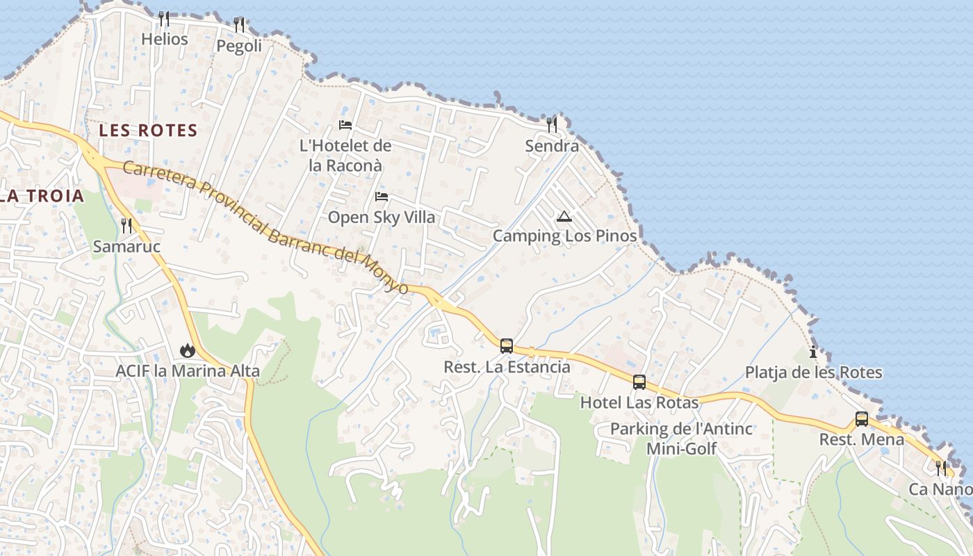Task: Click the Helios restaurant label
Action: (164, 39)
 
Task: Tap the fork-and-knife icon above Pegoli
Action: (239, 25)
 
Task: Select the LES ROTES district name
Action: (148, 130)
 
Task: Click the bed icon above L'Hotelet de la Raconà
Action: (345, 125)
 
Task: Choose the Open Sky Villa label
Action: (382, 217)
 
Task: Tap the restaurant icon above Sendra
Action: (552, 125)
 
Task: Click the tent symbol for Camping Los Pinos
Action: (564, 216)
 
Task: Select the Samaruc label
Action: (126, 246)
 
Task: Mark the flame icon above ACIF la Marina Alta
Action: (187, 350)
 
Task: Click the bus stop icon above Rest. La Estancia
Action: (507, 345)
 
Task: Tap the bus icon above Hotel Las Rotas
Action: (639, 382)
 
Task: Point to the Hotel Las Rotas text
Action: (639, 402)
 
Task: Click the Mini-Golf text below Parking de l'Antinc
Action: (681, 448)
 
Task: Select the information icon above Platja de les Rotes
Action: (813, 352)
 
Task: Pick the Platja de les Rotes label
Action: (813, 373)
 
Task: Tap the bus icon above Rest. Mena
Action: (862, 419)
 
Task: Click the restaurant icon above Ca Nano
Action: (941, 468)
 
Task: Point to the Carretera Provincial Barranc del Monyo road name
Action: (265, 225)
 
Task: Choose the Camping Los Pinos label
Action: (564, 236)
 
